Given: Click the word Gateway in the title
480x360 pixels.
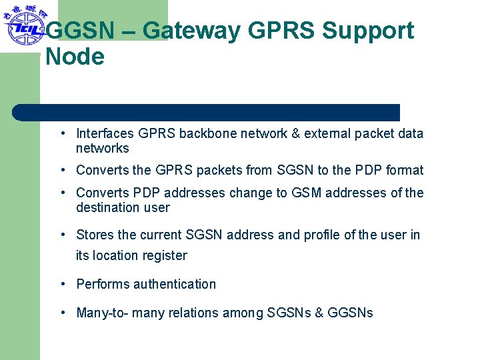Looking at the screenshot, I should click(194, 31).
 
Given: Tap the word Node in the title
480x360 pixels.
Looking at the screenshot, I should click(75, 57).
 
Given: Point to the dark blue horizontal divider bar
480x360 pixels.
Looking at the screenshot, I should click(207, 112).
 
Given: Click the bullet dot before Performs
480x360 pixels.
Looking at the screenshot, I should click(62, 284).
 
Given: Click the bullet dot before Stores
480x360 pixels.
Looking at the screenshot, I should click(62, 235).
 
